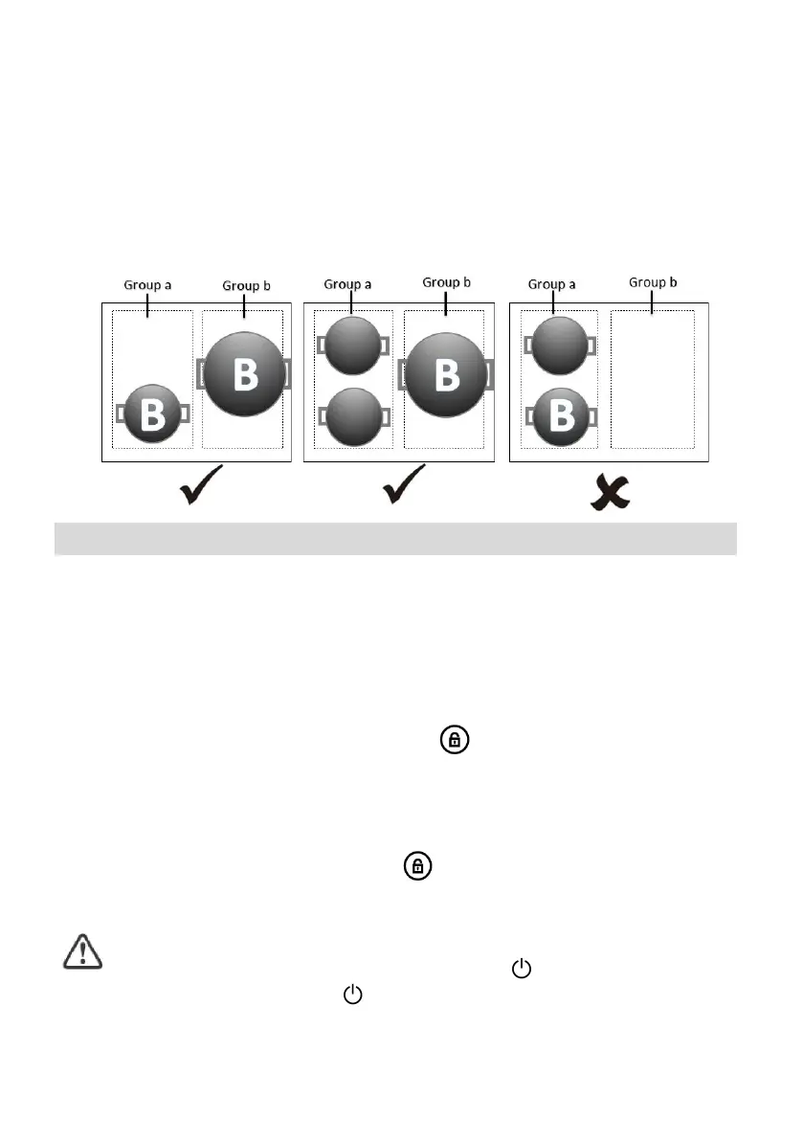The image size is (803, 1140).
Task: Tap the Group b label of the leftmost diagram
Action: (x=246, y=285)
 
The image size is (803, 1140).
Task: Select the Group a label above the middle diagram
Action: (x=348, y=284)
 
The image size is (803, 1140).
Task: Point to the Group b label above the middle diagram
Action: (x=447, y=282)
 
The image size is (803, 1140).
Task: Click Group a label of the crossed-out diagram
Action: (x=553, y=284)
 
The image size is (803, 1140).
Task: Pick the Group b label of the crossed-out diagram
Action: (x=653, y=282)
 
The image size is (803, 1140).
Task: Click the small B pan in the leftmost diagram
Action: (x=152, y=414)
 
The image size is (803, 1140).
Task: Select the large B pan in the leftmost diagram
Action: (x=245, y=373)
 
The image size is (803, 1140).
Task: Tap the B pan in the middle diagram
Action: (x=446, y=373)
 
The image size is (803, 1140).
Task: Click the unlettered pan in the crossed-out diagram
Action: (x=559, y=346)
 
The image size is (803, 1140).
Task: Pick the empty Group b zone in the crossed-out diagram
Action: (x=653, y=379)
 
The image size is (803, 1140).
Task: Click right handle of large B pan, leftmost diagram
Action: (x=286, y=372)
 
